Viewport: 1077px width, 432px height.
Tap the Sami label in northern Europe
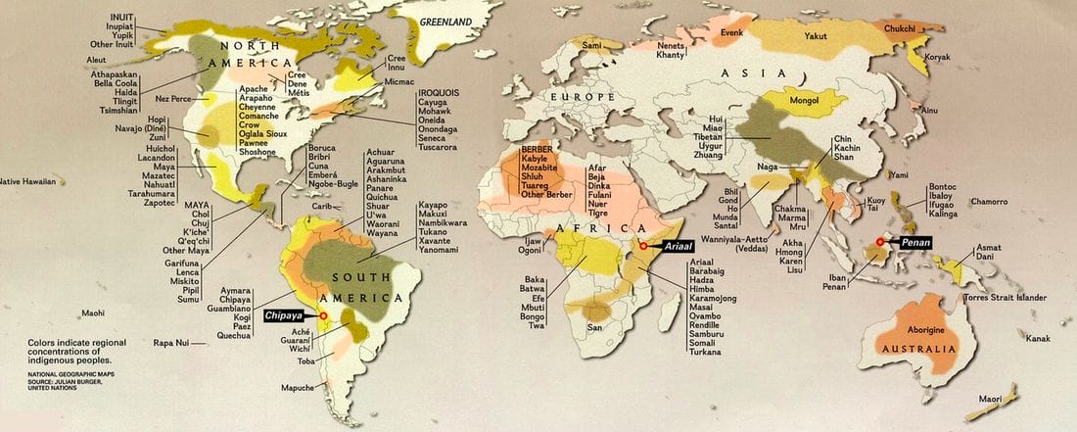coord(591,45)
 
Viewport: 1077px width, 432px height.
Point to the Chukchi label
coord(900,29)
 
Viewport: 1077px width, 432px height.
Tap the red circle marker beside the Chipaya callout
coord(324,315)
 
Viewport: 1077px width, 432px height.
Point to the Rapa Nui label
coord(170,343)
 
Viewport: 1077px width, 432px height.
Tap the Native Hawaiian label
coord(28,181)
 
